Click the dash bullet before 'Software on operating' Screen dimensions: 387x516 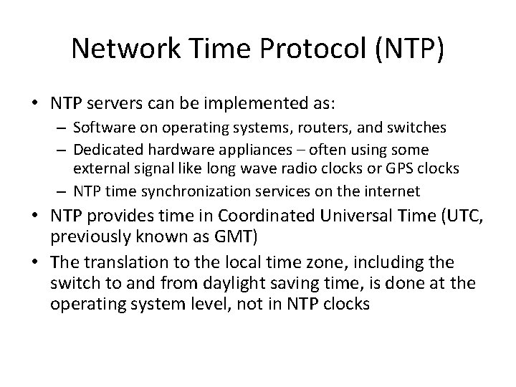click(x=60, y=128)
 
